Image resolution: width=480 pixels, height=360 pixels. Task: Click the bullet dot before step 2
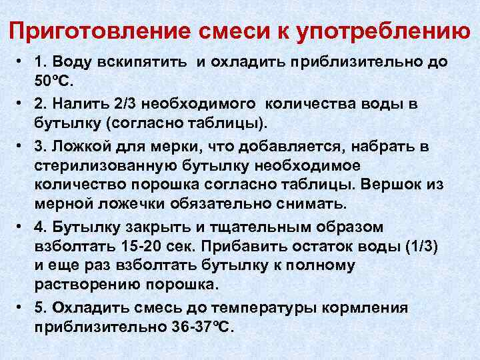[23, 104]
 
